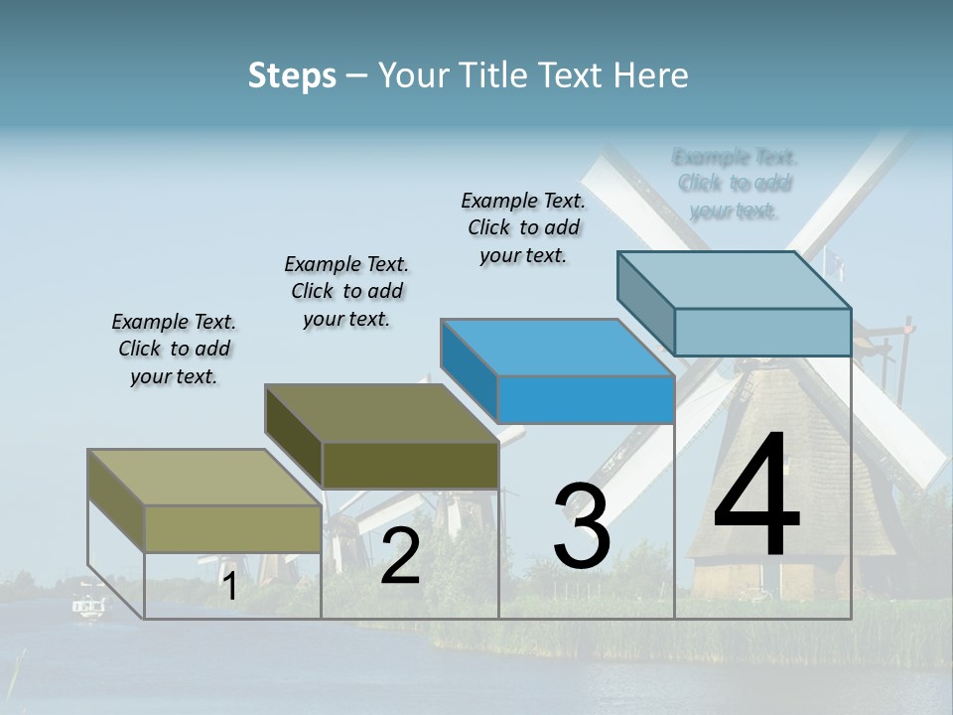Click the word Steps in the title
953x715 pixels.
tap(292, 75)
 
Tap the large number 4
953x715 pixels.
tap(756, 496)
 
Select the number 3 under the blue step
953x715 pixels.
tap(582, 526)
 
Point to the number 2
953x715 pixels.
tap(400, 556)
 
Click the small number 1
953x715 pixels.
tap(229, 587)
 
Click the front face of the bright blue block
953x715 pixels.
tap(586, 399)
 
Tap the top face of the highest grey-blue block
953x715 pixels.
tap(735, 279)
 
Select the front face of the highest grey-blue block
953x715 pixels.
tap(762, 332)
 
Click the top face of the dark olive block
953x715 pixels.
tap(382, 413)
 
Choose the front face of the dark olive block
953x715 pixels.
tap(410, 465)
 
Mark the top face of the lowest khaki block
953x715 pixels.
tap(204, 478)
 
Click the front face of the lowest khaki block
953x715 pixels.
tap(232, 528)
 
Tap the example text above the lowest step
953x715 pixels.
tap(174, 349)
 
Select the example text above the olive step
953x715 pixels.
tap(346, 291)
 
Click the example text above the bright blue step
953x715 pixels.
tap(523, 227)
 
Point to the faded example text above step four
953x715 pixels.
tap(735, 184)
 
